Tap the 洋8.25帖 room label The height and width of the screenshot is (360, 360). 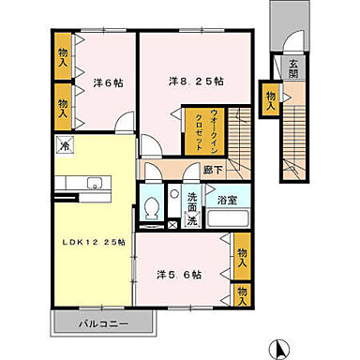(x=195, y=82)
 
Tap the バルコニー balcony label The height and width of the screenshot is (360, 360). (x=102, y=323)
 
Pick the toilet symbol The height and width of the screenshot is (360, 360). (x=152, y=207)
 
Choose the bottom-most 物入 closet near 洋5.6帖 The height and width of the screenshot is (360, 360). (x=243, y=296)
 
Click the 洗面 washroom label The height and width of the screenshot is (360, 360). (x=191, y=199)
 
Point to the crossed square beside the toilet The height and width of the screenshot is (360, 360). (x=171, y=226)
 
